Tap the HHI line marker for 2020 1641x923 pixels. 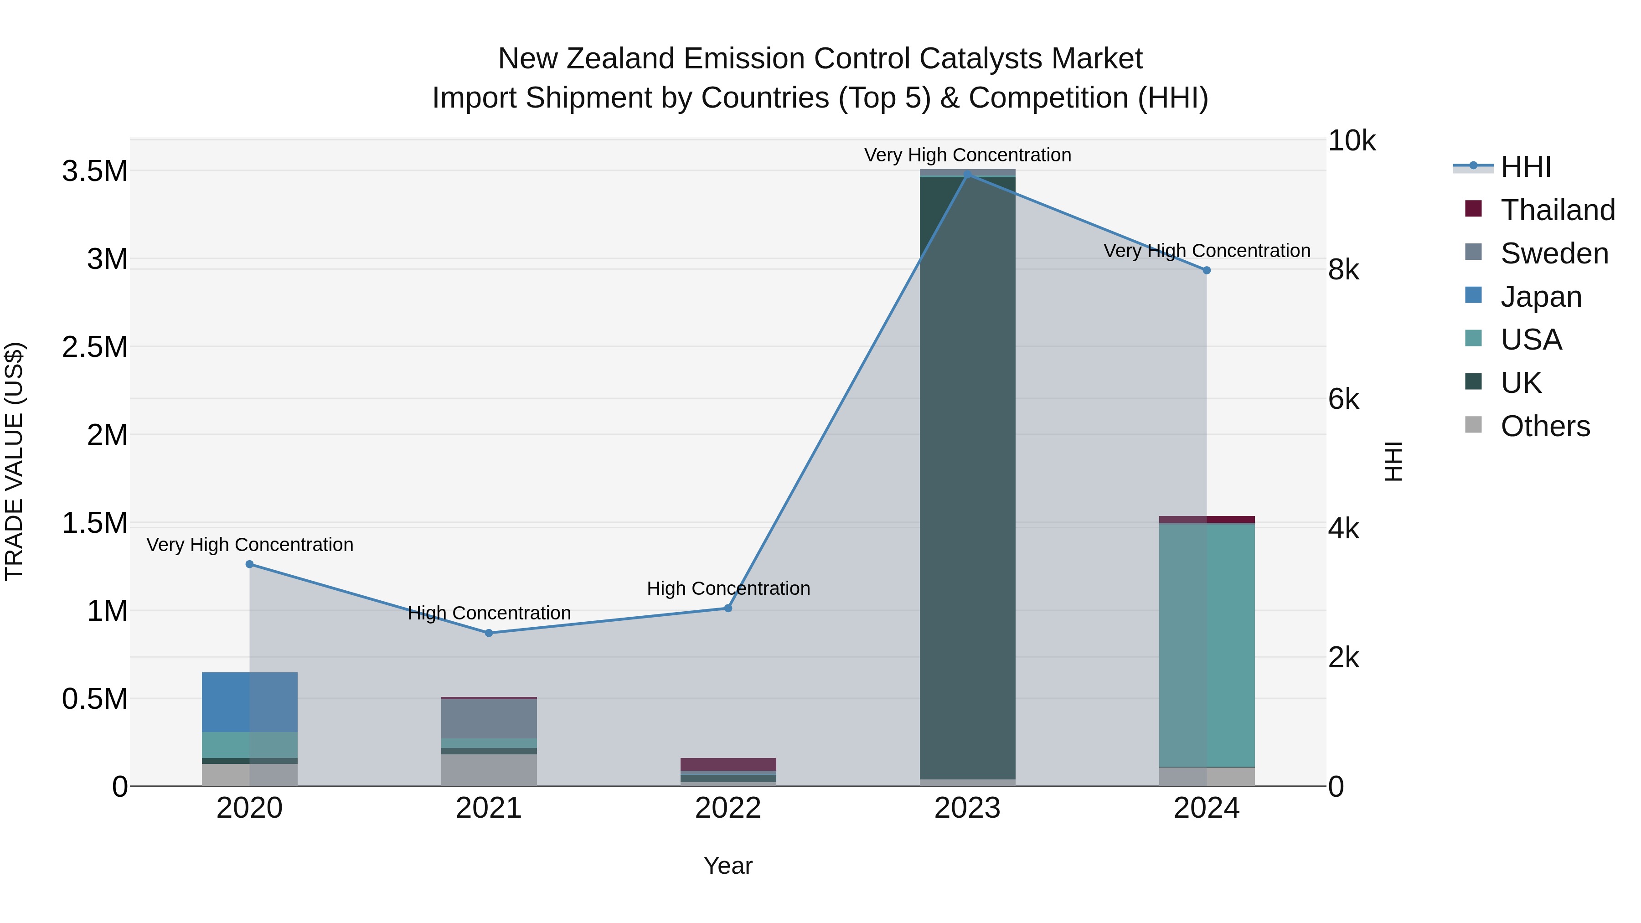[x=250, y=564]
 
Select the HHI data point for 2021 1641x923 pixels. [x=489, y=633]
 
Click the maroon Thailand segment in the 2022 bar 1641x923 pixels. [x=728, y=764]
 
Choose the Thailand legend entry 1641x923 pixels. [x=1557, y=210]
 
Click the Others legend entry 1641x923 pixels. [x=1544, y=426]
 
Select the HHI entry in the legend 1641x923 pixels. [x=1525, y=167]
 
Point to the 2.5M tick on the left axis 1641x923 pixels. [x=94, y=348]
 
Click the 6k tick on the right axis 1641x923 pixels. [x=1343, y=399]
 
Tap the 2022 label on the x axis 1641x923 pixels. [x=728, y=808]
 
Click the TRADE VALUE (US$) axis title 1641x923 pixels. [x=14, y=461]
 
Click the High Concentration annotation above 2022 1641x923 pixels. [x=728, y=588]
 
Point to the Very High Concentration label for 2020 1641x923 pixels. [x=250, y=545]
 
